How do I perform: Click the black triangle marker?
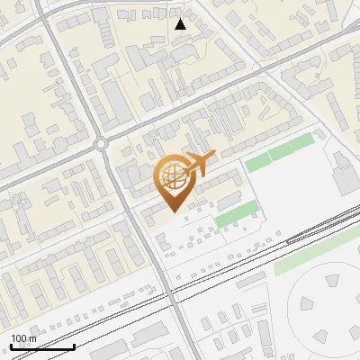tap(182, 24)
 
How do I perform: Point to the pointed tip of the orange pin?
tap(173, 212)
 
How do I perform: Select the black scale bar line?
tap(42, 346)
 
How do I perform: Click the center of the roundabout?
tap(102, 144)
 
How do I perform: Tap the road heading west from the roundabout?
tap(45, 167)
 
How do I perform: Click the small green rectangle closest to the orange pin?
tap(235, 214)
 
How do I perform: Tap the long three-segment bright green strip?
tap(280, 152)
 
